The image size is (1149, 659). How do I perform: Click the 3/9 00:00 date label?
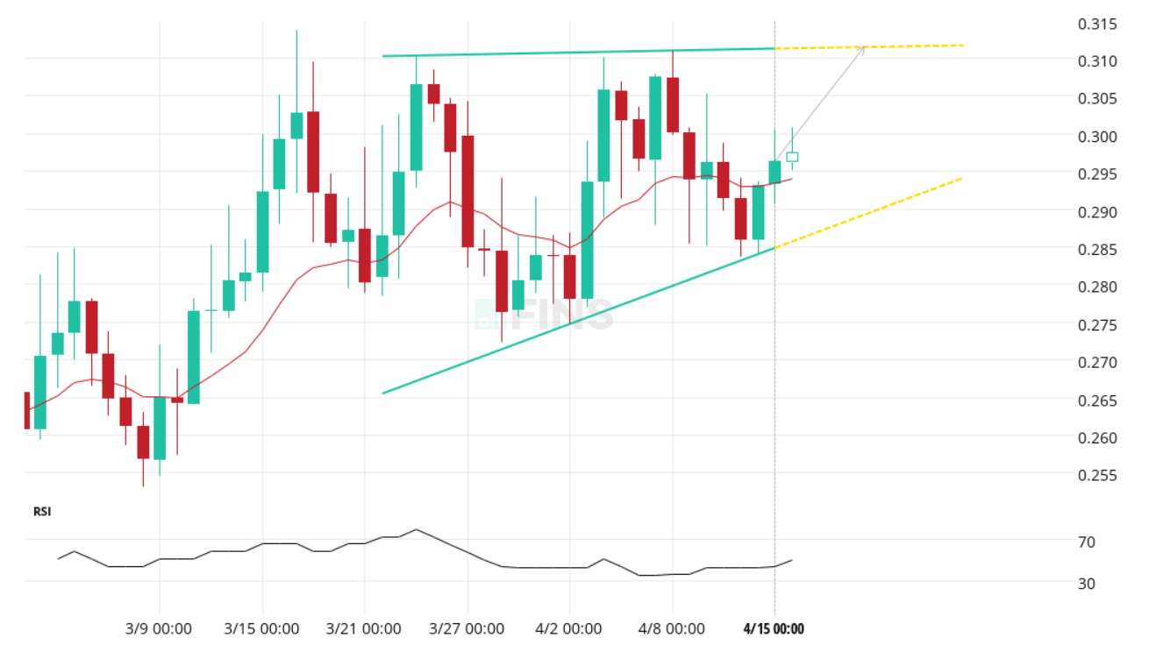point(160,629)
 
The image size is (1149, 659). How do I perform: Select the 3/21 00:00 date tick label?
point(364,629)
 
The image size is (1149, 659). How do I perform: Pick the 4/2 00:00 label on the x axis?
point(569,629)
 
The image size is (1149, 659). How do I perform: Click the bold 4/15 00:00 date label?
point(774,629)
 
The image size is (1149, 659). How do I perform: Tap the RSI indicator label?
point(42,512)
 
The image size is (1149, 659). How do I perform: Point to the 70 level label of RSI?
point(1087,542)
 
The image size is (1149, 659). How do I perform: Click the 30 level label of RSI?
point(1087,584)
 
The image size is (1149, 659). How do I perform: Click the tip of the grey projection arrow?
point(865,46)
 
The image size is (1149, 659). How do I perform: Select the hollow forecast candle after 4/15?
point(792,157)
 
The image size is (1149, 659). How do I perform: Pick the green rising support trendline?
point(579,320)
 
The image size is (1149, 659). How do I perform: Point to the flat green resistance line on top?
point(579,52)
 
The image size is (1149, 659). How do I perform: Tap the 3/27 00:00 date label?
point(467,629)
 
